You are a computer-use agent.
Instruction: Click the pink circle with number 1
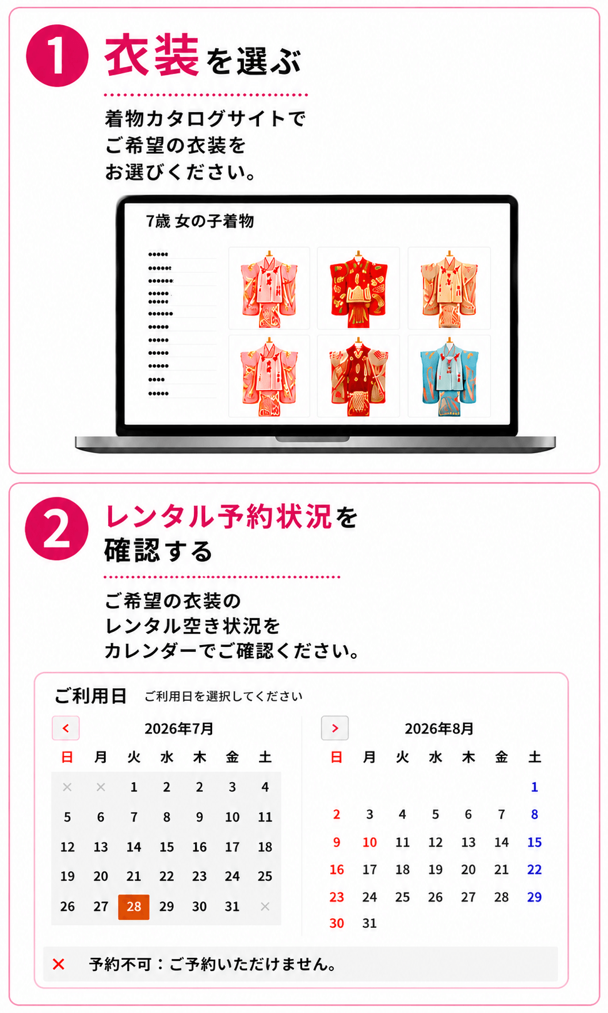click(57, 55)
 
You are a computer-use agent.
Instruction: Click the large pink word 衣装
click(152, 56)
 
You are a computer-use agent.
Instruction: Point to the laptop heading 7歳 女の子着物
click(200, 221)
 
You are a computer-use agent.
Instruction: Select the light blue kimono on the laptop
click(449, 376)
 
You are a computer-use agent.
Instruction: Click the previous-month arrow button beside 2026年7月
click(66, 728)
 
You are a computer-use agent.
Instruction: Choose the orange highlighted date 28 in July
click(134, 907)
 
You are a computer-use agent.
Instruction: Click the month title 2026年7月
click(179, 728)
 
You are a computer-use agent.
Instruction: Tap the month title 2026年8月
click(439, 728)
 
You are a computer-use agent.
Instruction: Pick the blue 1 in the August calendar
click(534, 787)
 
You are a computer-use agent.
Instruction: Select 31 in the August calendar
click(369, 923)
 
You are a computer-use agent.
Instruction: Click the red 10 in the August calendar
click(369, 842)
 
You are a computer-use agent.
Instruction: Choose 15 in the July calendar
click(166, 847)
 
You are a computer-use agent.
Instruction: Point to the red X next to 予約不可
click(58, 964)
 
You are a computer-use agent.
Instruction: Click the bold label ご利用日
click(91, 696)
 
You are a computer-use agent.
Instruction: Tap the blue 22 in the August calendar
click(534, 869)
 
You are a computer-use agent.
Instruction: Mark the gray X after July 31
click(265, 906)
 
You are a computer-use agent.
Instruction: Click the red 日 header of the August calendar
click(337, 757)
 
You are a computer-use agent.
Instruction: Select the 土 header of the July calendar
click(265, 757)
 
